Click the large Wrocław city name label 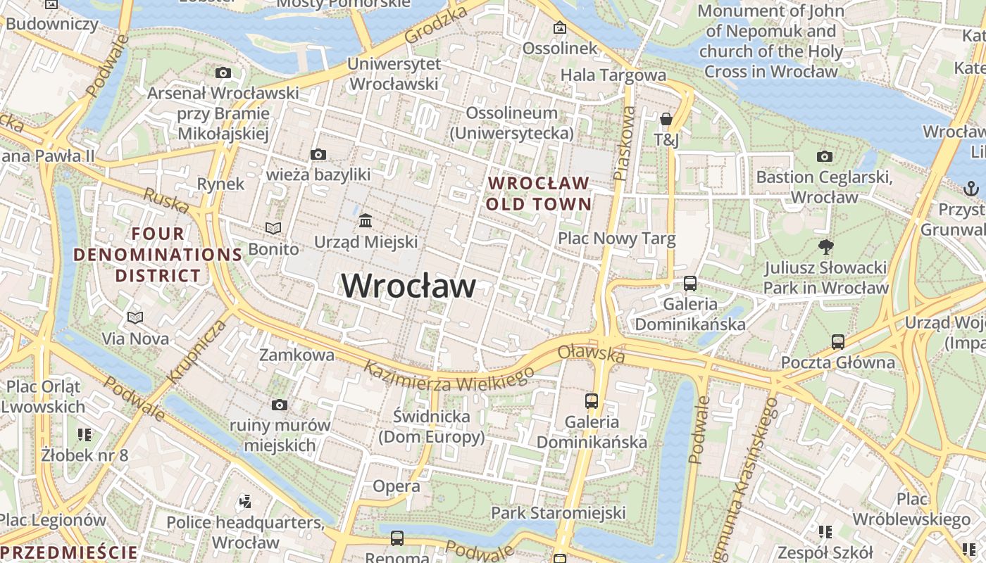click(x=408, y=286)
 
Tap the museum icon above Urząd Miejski click(x=366, y=221)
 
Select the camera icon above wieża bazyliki click(x=318, y=154)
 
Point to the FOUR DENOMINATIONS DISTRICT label click(x=158, y=254)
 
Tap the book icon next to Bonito click(x=273, y=228)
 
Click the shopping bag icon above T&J click(x=666, y=119)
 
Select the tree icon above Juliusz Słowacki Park click(x=826, y=246)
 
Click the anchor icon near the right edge click(x=971, y=188)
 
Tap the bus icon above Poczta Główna click(x=837, y=342)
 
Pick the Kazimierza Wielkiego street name click(x=449, y=375)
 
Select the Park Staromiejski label click(x=558, y=512)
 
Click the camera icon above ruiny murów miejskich click(x=280, y=405)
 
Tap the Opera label click(x=397, y=486)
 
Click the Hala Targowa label click(x=613, y=75)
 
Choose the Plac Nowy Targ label click(x=616, y=239)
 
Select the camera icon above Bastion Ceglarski click(x=824, y=156)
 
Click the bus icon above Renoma click(x=397, y=538)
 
